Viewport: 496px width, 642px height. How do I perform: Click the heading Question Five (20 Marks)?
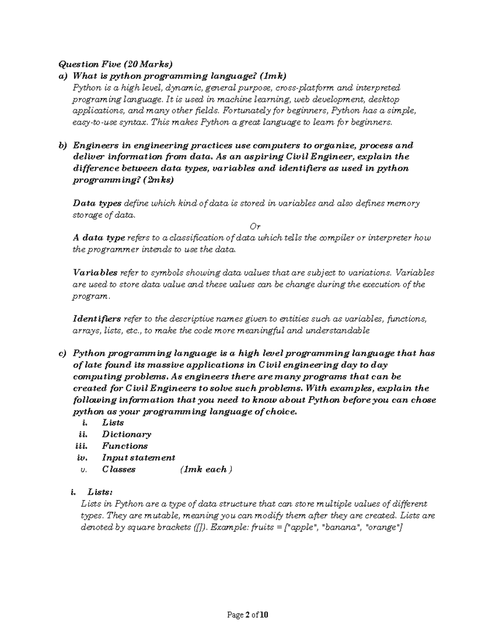(x=115, y=64)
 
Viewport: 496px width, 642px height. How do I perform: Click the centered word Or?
(x=255, y=226)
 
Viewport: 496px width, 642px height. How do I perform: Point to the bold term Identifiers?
(x=97, y=319)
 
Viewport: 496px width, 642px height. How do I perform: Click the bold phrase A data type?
(x=99, y=238)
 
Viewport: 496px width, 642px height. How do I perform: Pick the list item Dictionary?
(x=126, y=434)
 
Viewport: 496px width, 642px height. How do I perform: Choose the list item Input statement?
(x=138, y=458)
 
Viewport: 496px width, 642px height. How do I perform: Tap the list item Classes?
(x=119, y=469)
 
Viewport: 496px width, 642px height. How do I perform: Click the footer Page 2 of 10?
(x=248, y=615)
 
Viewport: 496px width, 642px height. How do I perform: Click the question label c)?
(x=62, y=353)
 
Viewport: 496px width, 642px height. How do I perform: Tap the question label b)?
(x=62, y=145)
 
